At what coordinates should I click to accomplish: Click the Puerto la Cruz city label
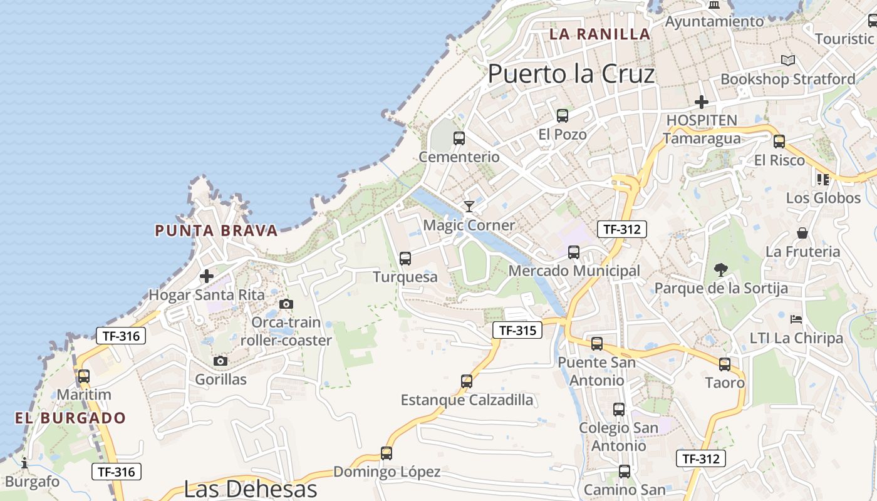tap(571, 74)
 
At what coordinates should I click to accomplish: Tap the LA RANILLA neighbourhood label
tap(599, 34)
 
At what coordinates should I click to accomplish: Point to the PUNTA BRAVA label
tap(216, 230)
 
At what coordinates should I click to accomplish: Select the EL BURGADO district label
tap(71, 418)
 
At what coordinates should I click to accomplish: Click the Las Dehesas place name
tap(250, 488)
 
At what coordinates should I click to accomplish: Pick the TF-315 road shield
tap(517, 330)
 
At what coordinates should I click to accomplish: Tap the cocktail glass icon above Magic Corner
tap(469, 206)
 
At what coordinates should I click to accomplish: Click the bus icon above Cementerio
tap(459, 138)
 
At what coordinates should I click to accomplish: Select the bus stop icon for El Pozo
tap(563, 115)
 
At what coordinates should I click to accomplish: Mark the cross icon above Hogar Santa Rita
tap(206, 276)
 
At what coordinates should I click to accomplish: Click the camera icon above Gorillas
tap(220, 361)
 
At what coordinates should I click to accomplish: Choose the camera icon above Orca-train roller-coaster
tap(286, 304)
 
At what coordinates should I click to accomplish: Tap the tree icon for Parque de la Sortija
tap(721, 270)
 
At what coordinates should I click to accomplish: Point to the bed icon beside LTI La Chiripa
tap(796, 319)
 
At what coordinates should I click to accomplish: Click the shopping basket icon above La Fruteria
tap(802, 233)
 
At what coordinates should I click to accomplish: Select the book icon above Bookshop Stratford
tap(788, 61)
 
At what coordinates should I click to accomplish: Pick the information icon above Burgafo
tap(24, 463)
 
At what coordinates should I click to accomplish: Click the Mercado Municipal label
tap(574, 271)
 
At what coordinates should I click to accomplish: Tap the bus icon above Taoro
tap(725, 364)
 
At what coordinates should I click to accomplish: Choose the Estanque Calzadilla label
tap(467, 400)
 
